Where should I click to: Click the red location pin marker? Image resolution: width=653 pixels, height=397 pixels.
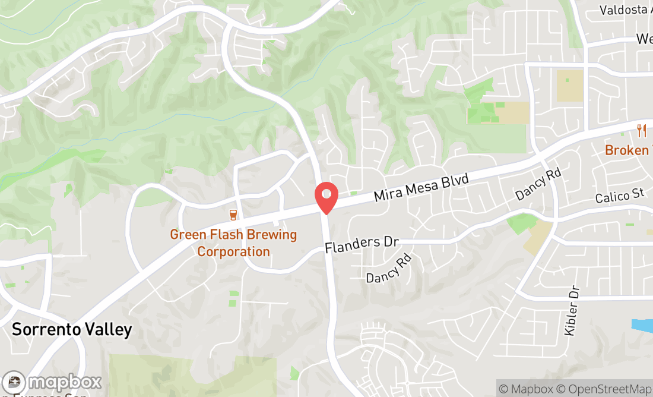(x=326, y=197)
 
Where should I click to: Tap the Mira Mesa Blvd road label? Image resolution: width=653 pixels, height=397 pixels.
(x=421, y=188)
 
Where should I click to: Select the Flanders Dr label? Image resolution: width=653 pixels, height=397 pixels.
(x=361, y=244)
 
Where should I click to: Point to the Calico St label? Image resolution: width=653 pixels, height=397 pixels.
(x=620, y=196)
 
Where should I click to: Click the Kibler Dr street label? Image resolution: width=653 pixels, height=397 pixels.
(x=572, y=310)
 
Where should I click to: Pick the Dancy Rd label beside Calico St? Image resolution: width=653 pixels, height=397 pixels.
(x=538, y=184)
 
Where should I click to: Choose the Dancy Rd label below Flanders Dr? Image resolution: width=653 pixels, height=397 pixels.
(x=389, y=269)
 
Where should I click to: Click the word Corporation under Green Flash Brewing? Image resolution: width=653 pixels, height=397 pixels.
(x=233, y=251)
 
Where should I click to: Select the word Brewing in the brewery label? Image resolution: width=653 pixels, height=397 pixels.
(x=273, y=235)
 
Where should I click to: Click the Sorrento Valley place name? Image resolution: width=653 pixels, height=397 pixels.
(x=72, y=329)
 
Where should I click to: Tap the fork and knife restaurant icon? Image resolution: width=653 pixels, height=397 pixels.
(x=641, y=131)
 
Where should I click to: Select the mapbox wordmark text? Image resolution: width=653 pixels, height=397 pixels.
(x=65, y=382)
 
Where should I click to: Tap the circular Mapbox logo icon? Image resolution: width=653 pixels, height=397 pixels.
(x=14, y=382)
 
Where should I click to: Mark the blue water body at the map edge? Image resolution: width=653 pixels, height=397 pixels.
(x=643, y=326)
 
